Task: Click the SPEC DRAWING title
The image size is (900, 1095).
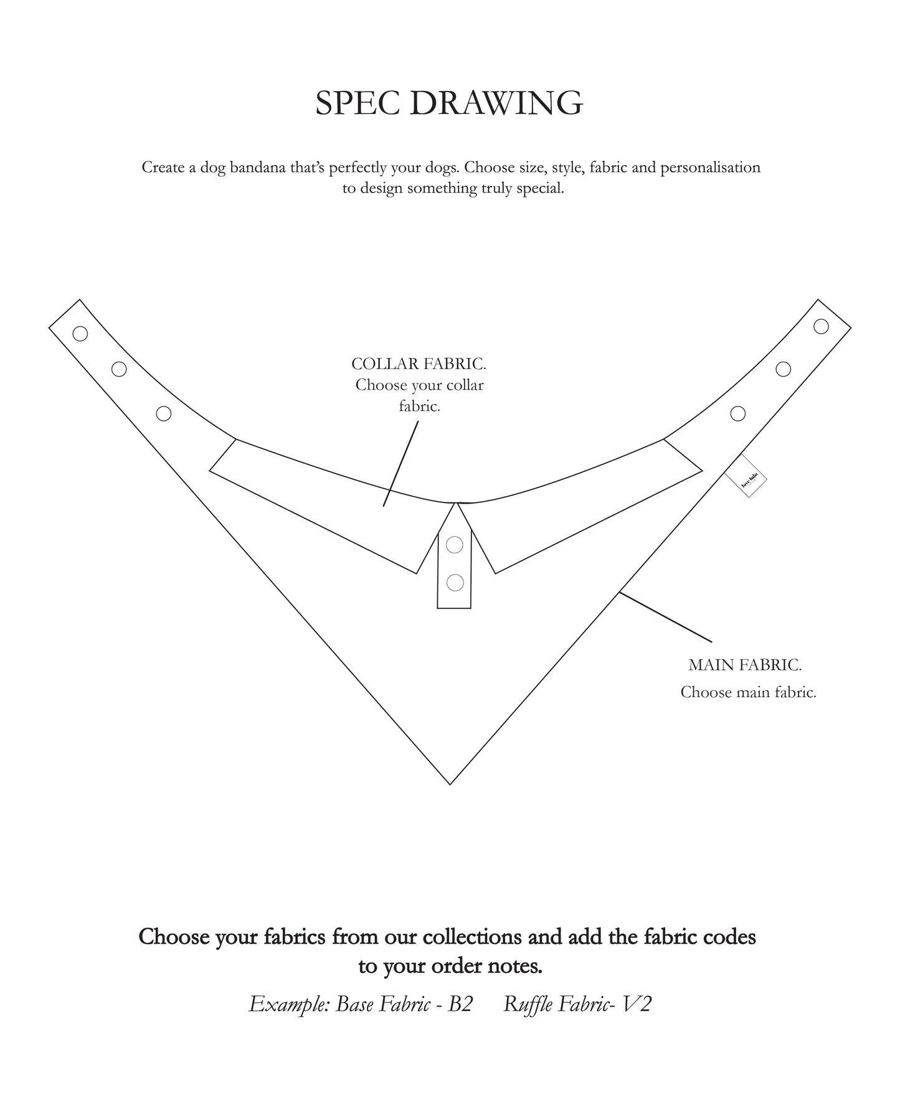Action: point(449,103)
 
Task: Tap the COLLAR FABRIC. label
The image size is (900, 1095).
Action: point(419,364)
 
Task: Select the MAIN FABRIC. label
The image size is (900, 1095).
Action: point(745,665)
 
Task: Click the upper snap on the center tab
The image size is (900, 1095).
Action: point(455,545)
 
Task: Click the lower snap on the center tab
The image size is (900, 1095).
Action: point(455,583)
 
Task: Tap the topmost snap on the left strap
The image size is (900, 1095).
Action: point(80,334)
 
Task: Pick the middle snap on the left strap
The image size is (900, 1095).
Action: point(119,369)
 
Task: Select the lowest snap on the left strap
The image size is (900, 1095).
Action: point(164,413)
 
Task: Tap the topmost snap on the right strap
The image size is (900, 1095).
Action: point(822,326)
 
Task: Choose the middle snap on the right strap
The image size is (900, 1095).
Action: point(784,369)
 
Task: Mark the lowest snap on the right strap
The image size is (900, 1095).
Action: point(738,413)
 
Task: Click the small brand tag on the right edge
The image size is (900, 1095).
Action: point(746,478)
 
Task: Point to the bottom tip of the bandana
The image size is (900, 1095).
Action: point(450,784)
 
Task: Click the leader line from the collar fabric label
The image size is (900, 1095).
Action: point(400,464)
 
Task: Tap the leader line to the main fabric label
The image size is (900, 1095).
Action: point(665,617)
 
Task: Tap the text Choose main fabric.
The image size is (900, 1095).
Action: point(748,692)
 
